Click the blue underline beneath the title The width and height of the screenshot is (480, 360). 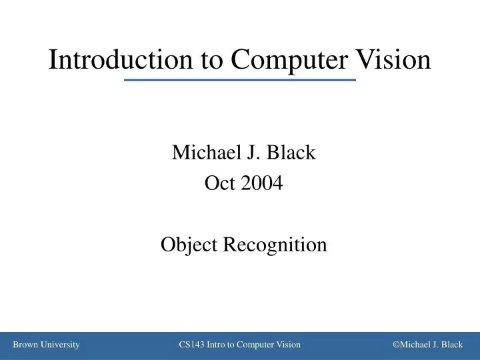(240, 80)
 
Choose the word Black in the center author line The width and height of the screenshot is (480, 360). (291, 153)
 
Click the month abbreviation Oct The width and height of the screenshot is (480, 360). (217, 183)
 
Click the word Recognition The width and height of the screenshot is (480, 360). (274, 245)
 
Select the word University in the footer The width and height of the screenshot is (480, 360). (61, 345)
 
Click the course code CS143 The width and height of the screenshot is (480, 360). (193, 345)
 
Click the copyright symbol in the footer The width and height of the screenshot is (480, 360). (396, 345)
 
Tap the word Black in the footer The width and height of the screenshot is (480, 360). (451, 345)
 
